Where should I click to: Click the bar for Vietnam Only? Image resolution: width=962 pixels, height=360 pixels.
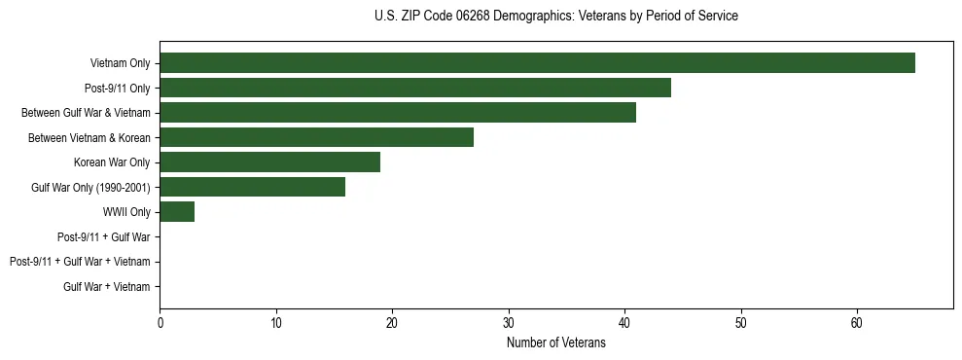tap(537, 63)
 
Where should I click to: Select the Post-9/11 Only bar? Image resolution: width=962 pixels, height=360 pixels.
tap(415, 89)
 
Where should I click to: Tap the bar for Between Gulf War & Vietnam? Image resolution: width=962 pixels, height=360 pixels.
tap(398, 113)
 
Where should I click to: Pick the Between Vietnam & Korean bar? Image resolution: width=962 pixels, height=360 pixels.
tap(316, 137)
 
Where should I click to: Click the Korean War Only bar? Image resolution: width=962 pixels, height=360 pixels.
tap(269, 162)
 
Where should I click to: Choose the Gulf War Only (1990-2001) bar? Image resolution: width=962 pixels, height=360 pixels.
tap(252, 187)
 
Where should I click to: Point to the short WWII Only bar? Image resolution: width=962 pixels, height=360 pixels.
tap(177, 212)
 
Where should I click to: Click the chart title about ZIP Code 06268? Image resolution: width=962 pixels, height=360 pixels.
tap(555, 17)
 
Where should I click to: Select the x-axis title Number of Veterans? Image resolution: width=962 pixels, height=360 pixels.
tap(555, 342)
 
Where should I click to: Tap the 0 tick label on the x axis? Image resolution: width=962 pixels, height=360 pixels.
tap(160, 323)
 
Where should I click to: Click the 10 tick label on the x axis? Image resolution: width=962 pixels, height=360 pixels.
tap(276, 323)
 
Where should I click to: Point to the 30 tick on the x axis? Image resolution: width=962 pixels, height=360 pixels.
tap(509, 323)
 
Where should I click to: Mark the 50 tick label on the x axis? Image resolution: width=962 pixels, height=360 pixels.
tap(741, 323)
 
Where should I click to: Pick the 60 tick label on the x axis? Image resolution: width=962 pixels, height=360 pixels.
tap(857, 323)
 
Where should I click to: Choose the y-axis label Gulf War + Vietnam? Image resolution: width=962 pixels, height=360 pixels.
tap(106, 286)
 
